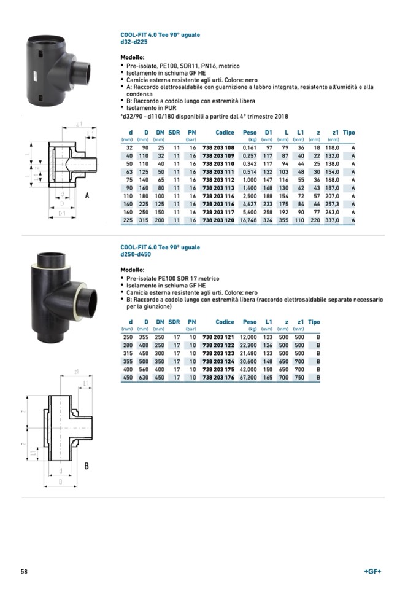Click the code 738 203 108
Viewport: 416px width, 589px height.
(x=218, y=148)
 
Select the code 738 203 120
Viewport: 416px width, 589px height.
(x=218, y=220)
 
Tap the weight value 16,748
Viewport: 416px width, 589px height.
(x=248, y=220)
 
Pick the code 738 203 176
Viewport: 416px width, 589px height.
(x=218, y=378)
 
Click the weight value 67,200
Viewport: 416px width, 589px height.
(x=248, y=378)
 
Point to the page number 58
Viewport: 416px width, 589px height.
(x=24, y=571)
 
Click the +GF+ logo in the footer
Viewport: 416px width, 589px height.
(x=372, y=571)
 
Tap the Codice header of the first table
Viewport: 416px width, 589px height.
(x=225, y=133)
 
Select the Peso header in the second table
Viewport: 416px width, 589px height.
(x=250, y=322)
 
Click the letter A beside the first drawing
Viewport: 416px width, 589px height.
(x=87, y=195)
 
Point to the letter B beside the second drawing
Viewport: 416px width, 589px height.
(x=87, y=466)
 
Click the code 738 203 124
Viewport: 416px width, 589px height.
(x=218, y=362)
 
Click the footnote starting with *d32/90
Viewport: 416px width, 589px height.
(x=204, y=116)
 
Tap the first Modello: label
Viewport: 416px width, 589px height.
(x=133, y=57)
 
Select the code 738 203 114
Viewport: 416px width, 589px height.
(x=218, y=196)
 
